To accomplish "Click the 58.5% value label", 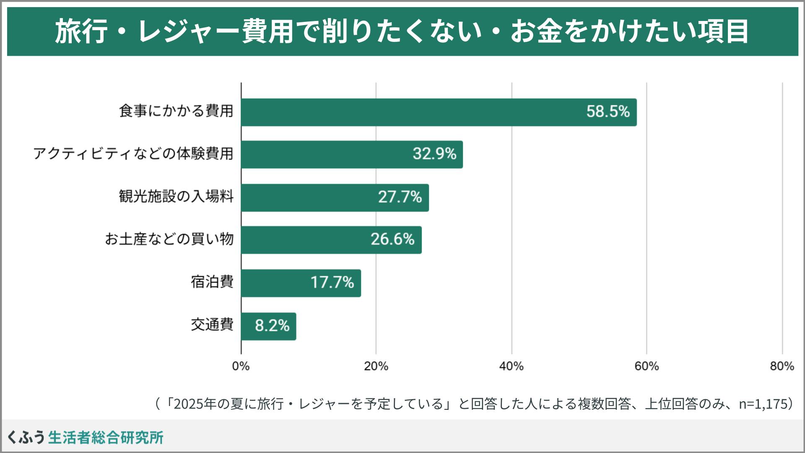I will (x=608, y=112).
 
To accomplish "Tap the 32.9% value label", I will (x=434, y=154).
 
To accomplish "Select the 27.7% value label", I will (x=400, y=197).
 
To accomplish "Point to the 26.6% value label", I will (x=392, y=240).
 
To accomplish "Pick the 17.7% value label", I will (x=332, y=282).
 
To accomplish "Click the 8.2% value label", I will (x=272, y=325).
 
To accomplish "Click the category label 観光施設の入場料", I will (x=176, y=196).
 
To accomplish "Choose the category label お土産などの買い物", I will (x=169, y=239).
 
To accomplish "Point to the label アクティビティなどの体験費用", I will (x=133, y=154).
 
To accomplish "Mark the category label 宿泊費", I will (x=212, y=282).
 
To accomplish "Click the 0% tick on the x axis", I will (x=241, y=366).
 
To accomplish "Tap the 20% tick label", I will (x=376, y=366).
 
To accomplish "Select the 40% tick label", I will (x=512, y=366).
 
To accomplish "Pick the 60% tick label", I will (x=647, y=366).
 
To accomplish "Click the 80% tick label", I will (x=782, y=366).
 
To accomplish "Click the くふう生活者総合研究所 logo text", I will (x=86, y=437).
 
